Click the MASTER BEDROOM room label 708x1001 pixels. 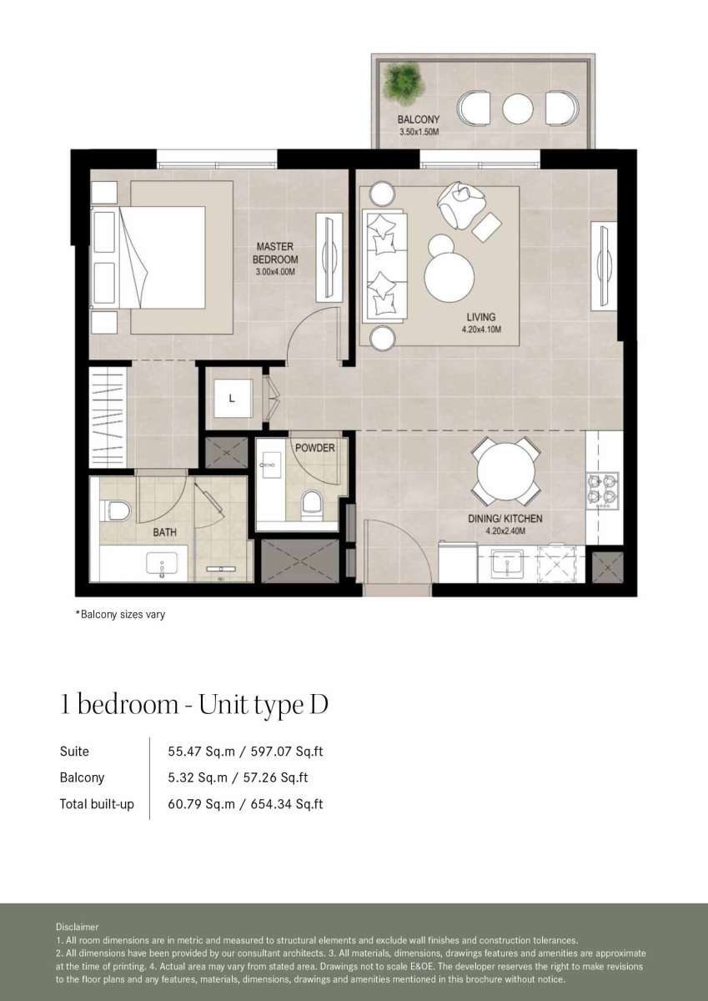tap(275, 253)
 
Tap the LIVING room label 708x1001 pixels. tap(481, 317)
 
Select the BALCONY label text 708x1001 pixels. tap(419, 119)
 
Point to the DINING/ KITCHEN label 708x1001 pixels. tap(505, 518)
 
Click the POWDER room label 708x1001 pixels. tap(315, 448)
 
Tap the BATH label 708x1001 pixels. tap(165, 532)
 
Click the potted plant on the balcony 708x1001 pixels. tap(403, 82)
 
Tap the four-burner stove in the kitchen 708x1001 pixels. tap(603, 491)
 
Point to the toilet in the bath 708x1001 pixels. tap(115, 511)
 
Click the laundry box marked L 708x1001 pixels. tap(233, 398)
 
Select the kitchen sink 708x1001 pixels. tap(507, 565)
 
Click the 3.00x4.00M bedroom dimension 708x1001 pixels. tap(275, 272)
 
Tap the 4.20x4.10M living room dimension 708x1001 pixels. tap(481, 329)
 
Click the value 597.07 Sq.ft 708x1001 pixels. tap(287, 752)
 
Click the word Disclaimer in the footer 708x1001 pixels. tap(77, 928)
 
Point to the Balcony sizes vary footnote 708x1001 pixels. tap(120, 614)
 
